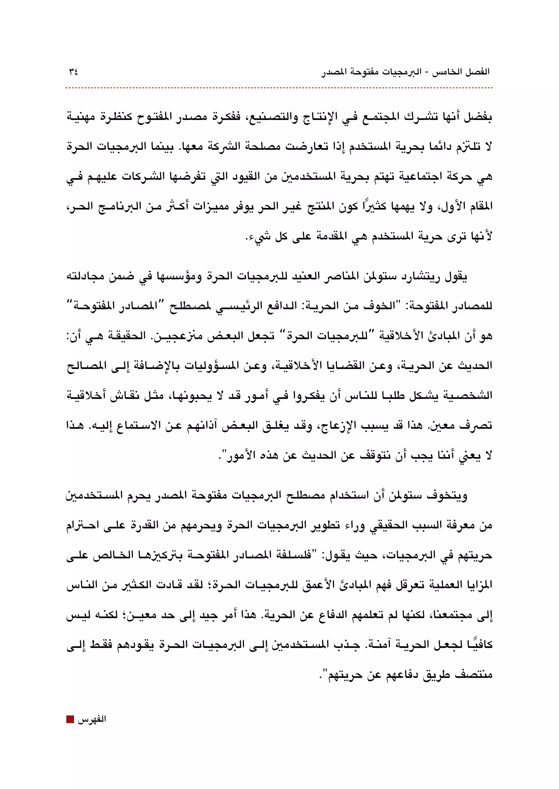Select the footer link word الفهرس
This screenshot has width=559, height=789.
pyautogui.click(x=91, y=719)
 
